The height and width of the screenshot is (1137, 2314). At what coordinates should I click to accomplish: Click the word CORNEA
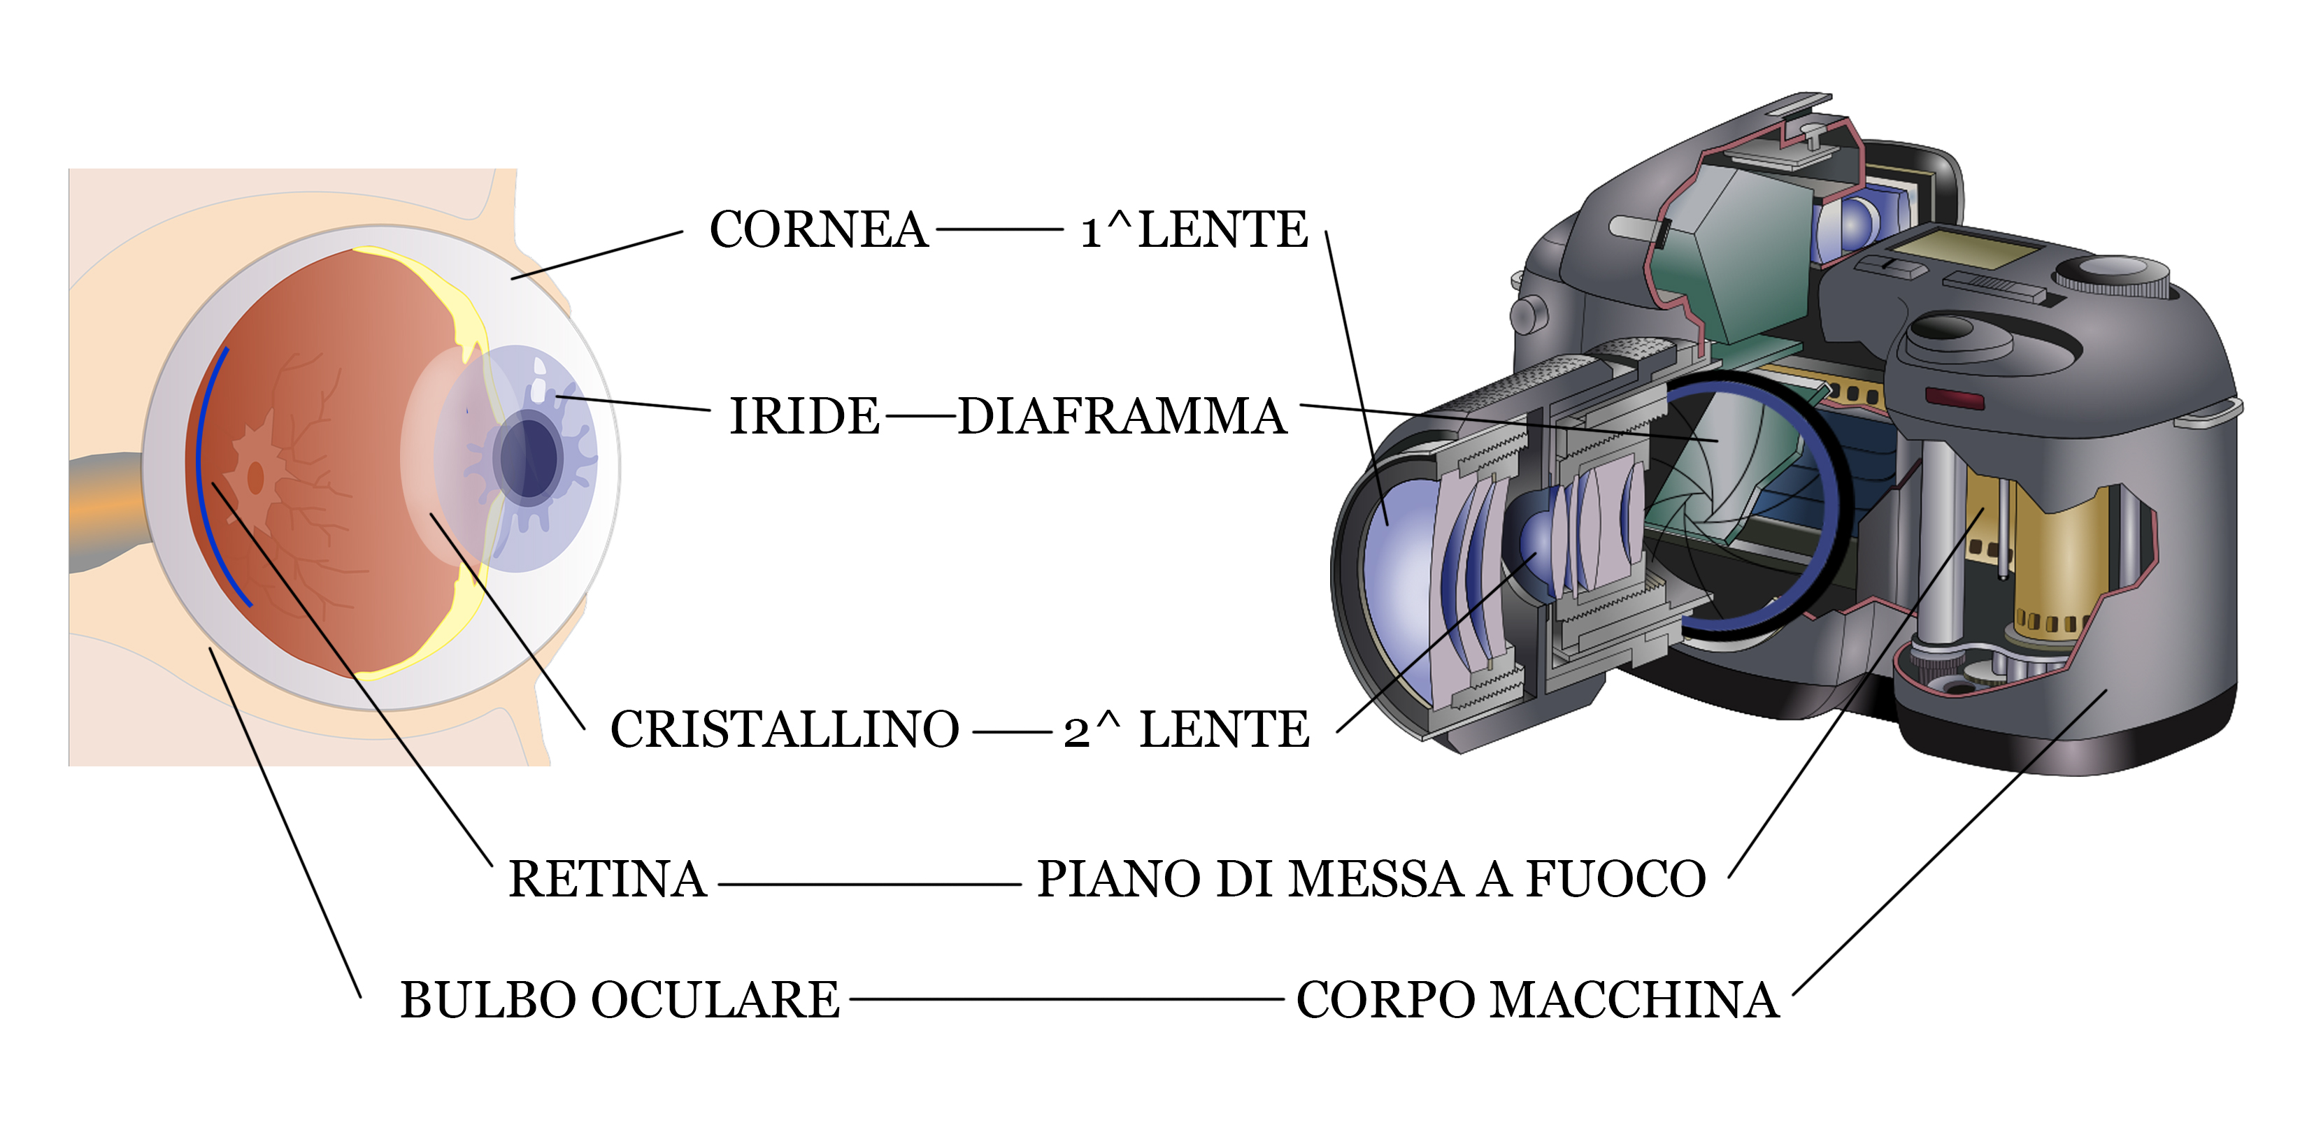(x=817, y=230)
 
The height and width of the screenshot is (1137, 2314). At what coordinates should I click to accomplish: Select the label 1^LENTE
(x=1194, y=230)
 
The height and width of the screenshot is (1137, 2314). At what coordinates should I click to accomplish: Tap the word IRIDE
(x=804, y=417)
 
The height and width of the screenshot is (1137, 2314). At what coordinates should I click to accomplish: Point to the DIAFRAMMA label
(x=1122, y=417)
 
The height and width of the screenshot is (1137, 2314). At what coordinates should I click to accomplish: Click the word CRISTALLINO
(x=784, y=729)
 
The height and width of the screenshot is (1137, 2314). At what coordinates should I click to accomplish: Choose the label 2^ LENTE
(x=1187, y=729)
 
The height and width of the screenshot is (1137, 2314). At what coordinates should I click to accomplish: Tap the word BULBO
(x=489, y=1001)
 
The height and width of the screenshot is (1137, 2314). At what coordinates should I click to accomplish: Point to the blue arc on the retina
(x=204, y=467)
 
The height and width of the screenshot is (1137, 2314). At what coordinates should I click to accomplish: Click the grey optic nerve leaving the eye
(x=103, y=512)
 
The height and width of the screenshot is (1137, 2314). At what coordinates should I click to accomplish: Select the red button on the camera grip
(x=1954, y=398)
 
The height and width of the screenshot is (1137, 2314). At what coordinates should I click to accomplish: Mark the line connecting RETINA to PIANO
(x=869, y=885)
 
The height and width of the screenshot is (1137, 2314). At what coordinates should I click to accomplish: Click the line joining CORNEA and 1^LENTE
(x=999, y=230)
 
